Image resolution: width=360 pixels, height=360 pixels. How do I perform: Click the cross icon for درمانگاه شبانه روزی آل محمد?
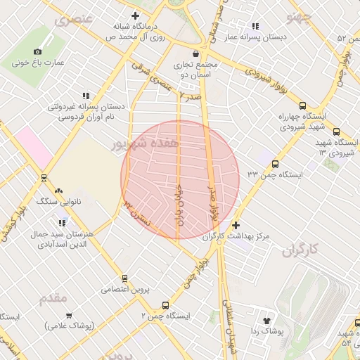pos(136,16)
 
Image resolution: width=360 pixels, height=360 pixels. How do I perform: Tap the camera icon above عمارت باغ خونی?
pos(37,51)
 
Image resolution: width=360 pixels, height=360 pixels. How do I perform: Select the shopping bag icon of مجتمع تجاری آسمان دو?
pos(195,53)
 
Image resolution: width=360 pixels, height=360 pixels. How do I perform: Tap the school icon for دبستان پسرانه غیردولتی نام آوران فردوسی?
pos(86,96)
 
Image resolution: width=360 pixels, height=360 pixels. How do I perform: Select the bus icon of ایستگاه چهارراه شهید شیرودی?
pos(336,131)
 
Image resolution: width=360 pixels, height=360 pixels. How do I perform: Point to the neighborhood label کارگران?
pos(300,250)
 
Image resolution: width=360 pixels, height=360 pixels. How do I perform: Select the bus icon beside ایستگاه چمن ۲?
pos(165,305)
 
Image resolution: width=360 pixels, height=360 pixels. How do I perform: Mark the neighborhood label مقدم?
pos(53,297)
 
